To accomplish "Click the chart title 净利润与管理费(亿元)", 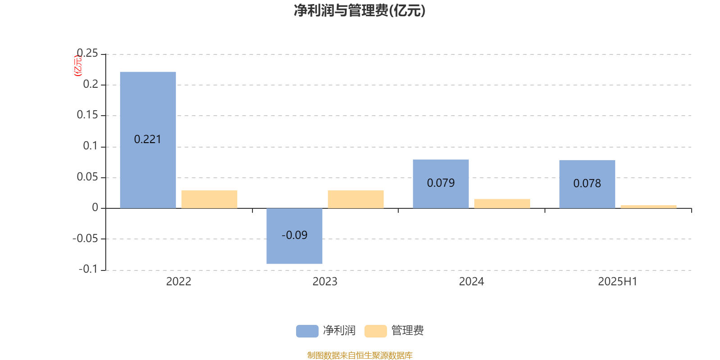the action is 360,11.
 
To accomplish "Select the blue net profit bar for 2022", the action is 148,140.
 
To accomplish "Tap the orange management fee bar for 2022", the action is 209,199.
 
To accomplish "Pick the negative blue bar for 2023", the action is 294,236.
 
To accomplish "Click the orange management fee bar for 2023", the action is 356,199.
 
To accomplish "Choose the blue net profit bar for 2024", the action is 441,184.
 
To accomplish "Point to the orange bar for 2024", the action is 502,204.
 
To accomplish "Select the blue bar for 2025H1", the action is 587,184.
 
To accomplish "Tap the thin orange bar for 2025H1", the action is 648,207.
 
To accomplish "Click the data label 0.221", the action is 148,139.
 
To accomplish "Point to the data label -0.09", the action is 294,235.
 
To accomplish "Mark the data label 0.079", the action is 441,183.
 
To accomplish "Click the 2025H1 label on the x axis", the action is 617,282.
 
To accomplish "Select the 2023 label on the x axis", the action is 325,282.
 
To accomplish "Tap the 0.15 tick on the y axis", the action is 87,115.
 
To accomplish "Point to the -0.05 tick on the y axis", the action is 85,238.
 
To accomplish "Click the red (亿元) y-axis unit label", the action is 78,66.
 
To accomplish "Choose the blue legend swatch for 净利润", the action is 307,331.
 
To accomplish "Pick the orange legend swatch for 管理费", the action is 375,331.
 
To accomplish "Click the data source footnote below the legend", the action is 360,355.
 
